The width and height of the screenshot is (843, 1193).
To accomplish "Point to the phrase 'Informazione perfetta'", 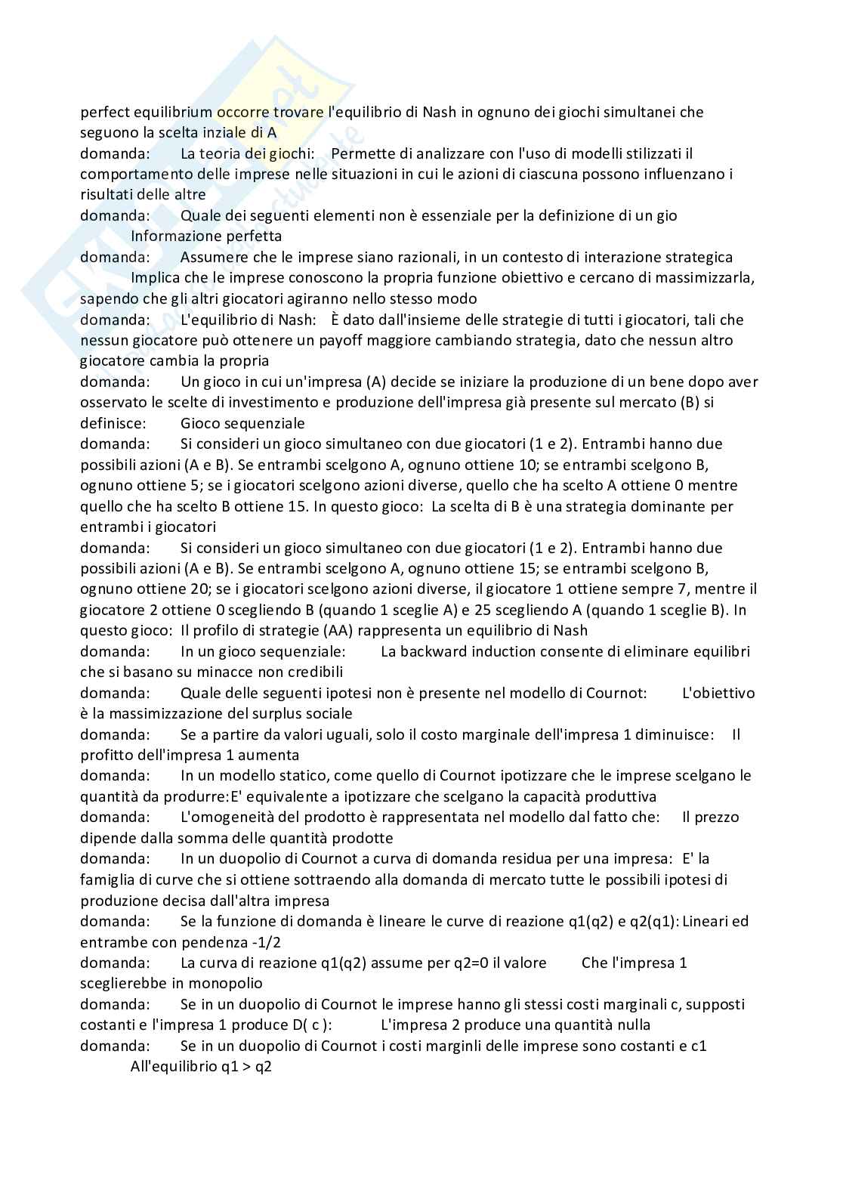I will [x=206, y=236].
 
